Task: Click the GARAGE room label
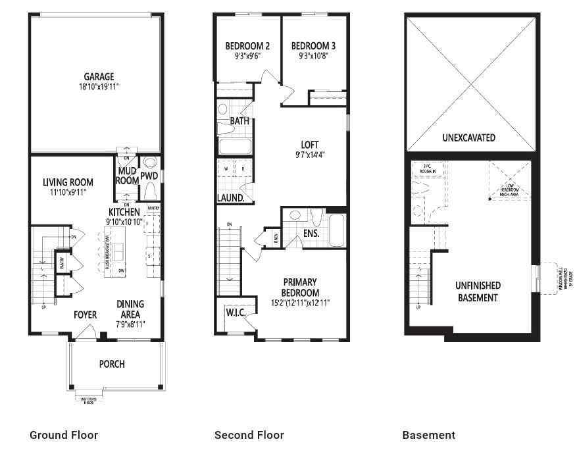coord(99,76)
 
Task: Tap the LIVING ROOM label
coord(68,182)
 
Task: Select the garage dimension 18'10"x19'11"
coord(99,87)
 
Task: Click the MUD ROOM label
coord(127,176)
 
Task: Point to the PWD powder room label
coord(149,176)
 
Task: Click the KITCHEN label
coord(124,212)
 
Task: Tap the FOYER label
coord(84,315)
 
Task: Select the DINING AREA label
coord(130,309)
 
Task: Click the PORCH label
coord(112,364)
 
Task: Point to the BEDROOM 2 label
coord(247,46)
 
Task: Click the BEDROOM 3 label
coord(313,46)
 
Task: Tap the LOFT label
coord(309,145)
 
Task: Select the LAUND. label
coord(231,197)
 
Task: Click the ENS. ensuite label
coord(311,233)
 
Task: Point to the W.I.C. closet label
coord(235,313)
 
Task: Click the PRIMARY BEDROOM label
coord(300,288)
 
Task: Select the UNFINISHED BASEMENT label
coord(478,291)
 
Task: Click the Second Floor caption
coord(249,435)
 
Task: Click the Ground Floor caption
coord(64,435)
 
